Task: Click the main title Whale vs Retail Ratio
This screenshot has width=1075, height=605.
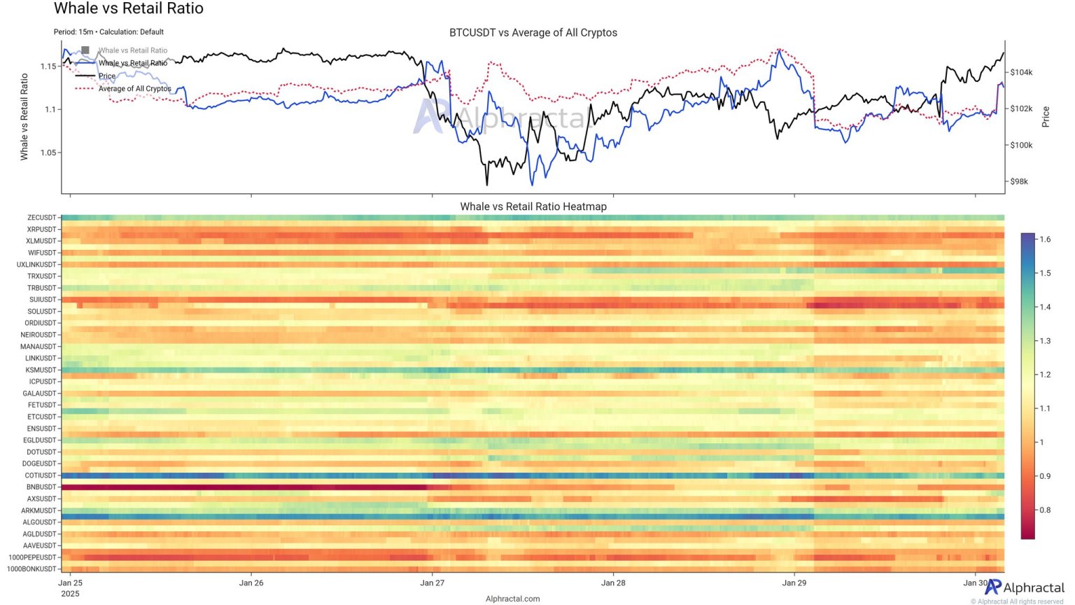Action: point(128,9)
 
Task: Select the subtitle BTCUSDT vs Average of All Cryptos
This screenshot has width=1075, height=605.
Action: point(533,33)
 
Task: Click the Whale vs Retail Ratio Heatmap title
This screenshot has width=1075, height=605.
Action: point(533,207)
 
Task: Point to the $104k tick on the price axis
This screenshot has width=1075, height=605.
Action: point(1021,72)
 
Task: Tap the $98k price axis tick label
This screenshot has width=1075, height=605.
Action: point(1019,181)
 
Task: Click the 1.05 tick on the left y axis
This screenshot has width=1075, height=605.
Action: point(48,153)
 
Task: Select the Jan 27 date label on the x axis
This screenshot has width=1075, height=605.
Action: point(432,583)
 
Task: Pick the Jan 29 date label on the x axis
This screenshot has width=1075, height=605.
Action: point(794,583)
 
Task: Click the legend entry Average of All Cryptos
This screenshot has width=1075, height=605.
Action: point(134,89)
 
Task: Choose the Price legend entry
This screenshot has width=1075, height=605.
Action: point(107,76)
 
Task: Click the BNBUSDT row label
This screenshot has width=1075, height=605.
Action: point(41,487)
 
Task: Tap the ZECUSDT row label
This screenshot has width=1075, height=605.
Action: point(41,218)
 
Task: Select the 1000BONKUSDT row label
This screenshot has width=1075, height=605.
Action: point(31,569)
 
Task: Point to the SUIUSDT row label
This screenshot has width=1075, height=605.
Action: point(42,300)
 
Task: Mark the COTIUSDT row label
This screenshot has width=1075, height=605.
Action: point(40,475)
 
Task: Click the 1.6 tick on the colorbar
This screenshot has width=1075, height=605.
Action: point(1044,239)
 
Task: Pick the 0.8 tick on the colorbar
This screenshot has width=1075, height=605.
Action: point(1044,510)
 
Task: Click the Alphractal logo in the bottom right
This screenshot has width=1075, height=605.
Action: point(1024,587)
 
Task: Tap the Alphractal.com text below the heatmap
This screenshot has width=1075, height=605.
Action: point(512,599)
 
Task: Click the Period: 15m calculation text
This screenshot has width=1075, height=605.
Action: point(108,32)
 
